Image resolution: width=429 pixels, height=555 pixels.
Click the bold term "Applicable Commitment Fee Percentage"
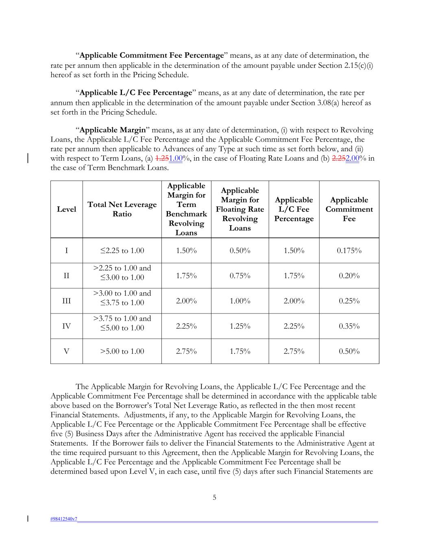tap(152, 55)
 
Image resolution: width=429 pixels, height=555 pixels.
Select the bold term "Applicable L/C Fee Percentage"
tap(135, 93)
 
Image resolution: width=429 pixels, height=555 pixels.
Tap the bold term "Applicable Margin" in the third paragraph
tap(113, 130)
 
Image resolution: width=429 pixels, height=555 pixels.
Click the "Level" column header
tap(66, 209)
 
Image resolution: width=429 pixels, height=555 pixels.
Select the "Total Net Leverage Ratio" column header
tap(122, 209)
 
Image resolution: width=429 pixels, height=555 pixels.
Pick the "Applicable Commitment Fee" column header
tap(349, 209)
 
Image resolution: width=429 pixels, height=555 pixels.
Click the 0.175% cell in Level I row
tap(349, 250)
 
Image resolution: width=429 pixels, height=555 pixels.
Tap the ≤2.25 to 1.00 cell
tap(122, 250)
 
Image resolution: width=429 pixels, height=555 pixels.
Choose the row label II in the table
tap(66, 276)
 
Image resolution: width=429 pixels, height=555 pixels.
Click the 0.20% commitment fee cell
tap(349, 276)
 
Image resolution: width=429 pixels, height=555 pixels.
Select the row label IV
tap(66, 326)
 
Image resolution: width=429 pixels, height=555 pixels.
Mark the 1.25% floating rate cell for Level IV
tap(240, 326)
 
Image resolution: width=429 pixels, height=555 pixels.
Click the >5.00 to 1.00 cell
tap(122, 351)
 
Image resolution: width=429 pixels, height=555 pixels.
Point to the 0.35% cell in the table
tap(349, 326)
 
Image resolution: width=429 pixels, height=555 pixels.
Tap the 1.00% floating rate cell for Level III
tap(240, 301)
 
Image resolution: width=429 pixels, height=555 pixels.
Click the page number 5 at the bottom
tap(214, 497)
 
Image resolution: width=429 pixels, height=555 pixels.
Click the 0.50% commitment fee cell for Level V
tap(349, 351)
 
